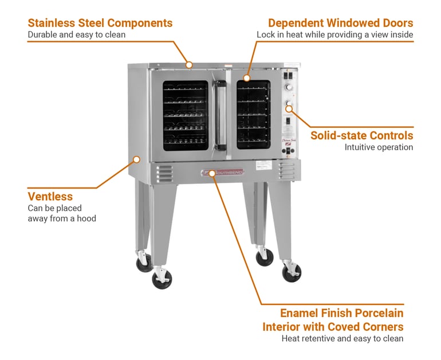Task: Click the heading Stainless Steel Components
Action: pos(100,24)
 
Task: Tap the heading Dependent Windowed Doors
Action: pos(340,24)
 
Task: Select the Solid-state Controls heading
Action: pos(361,136)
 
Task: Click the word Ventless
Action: pos(50,197)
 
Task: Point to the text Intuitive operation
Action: pos(379,147)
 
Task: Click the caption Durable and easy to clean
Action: pos(76,35)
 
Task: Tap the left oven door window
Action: pos(186,115)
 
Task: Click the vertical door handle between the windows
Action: pos(220,115)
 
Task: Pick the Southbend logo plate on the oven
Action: pos(222,172)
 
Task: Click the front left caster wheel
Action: pos(162,279)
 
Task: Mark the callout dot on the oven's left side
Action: pos(136,159)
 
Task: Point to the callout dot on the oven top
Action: pos(189,64)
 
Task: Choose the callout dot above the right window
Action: pos(247,77)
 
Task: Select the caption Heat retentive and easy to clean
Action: pos(342,338)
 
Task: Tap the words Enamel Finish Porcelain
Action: pos(341,314)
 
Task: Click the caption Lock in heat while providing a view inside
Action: pos(334,35)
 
